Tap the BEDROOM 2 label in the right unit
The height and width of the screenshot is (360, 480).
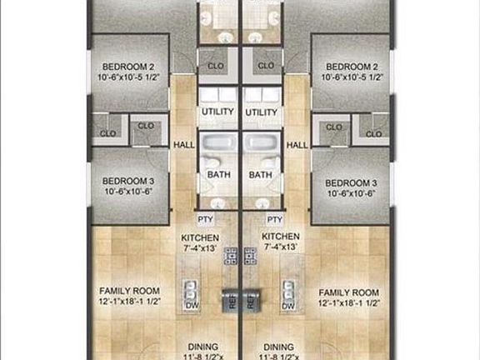click(352, 67)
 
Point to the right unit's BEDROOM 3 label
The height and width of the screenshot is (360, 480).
click(352, 182)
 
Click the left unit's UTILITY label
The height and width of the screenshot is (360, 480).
click(217, 112)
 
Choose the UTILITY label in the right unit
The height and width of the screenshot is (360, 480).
click(262, 112)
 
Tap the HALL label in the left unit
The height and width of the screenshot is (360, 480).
click(183, 145)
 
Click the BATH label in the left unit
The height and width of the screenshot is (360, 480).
click(217, 175)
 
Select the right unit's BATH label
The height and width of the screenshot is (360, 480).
click(261, 175)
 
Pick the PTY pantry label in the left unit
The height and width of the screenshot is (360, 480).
click(206, 219)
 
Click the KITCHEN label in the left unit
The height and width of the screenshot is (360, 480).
click(200, 237)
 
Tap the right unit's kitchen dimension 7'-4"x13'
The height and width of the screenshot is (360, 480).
click(281, 247)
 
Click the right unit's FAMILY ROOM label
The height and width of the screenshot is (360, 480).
click(348, 292)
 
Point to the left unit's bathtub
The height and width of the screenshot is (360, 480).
click(217, 148)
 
